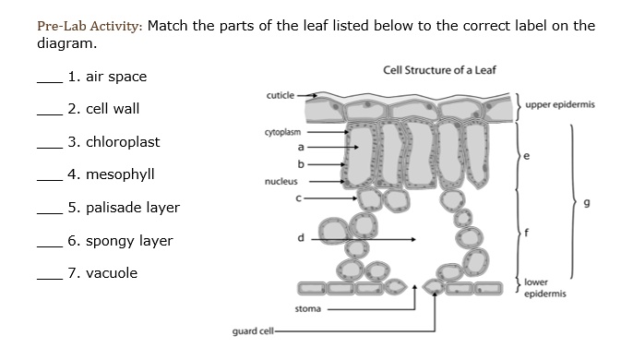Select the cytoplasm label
(x=282, y=132)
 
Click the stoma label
(x=307, y=307)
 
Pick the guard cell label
(x=249, y=330)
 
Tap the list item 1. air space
(x=107, y=77)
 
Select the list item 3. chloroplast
(x=113, y=142)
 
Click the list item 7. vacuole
(x=102, y=273)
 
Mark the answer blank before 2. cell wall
(x=48, y=114)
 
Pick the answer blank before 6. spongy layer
(x=48, y=246)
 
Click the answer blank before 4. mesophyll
(x=48, y=180)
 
